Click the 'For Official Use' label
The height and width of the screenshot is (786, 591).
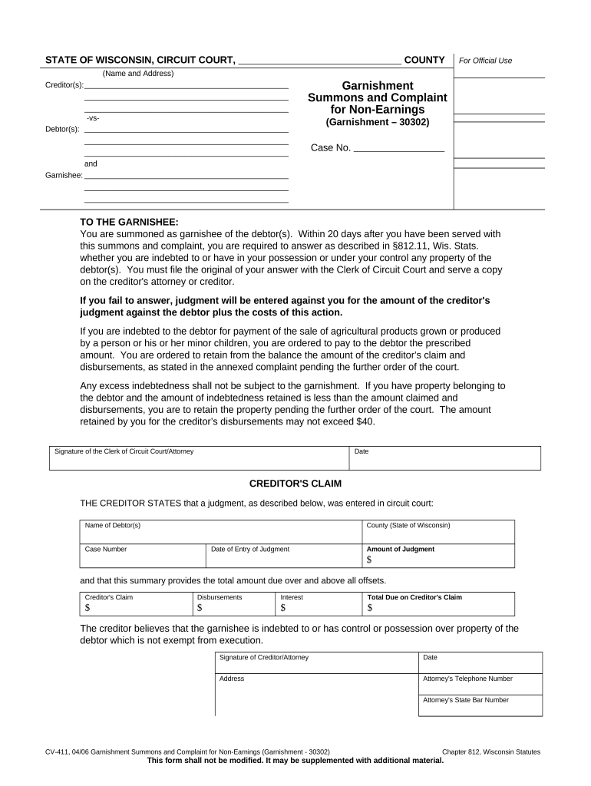point(484,61)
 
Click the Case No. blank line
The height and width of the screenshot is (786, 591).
point(398,148)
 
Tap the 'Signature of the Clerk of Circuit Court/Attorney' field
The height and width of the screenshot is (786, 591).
point(198,458)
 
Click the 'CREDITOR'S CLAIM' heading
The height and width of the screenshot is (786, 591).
point(295,484)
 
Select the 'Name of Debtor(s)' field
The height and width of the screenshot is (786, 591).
point(221,531)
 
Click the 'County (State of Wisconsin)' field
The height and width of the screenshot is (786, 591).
point(437,531)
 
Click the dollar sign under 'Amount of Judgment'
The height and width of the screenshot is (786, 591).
point(369,560)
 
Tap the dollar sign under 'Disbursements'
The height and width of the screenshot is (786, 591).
point(200,608)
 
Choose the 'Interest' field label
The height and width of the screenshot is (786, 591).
point(292,597)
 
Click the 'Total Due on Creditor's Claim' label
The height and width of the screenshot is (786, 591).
point(414,597)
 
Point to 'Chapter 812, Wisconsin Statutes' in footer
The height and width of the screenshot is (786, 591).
point(491,751)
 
